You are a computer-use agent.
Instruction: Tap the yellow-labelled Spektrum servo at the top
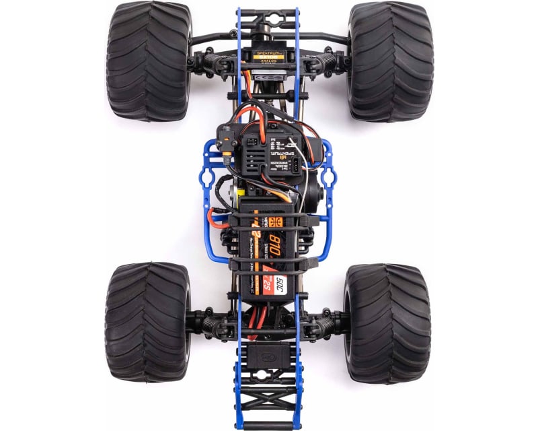(268, 55)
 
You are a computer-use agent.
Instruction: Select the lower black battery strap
(269, 264)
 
